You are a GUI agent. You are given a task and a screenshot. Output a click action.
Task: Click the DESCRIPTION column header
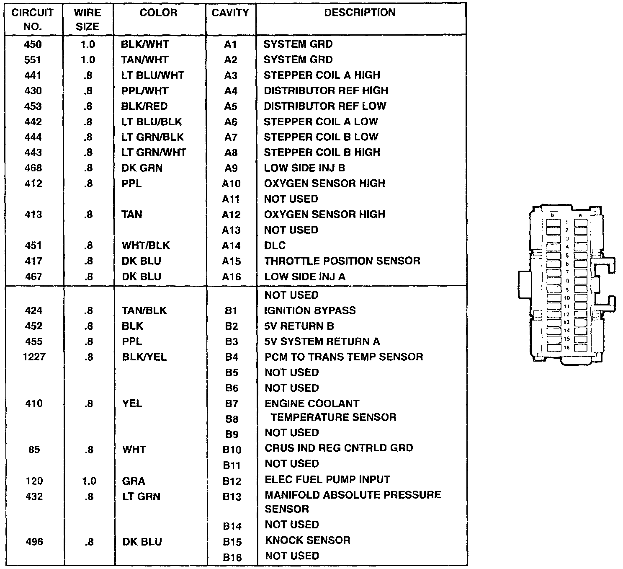360,13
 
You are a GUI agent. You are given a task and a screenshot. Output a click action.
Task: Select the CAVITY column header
230,13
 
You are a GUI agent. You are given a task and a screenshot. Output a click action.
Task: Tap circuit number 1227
34,357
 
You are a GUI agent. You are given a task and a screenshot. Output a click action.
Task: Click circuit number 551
33,60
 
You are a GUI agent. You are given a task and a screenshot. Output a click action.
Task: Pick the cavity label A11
231,199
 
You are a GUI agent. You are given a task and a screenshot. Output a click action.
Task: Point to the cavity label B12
232,481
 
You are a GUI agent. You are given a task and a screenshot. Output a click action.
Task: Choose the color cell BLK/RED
144,106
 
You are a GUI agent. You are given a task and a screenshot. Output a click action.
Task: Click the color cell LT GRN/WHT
154,153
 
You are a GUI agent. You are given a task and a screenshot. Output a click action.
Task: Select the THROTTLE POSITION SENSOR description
342,261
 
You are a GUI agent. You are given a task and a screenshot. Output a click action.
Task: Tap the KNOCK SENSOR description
308,540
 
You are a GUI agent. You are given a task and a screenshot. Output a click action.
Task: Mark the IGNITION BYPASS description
310,310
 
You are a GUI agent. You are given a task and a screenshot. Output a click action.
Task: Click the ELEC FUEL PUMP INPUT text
327,479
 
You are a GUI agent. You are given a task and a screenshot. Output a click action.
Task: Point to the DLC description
275,246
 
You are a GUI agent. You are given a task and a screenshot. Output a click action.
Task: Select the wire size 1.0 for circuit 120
89,481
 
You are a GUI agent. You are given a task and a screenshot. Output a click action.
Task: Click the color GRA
134,481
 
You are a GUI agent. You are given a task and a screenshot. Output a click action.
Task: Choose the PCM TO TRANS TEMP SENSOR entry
344,357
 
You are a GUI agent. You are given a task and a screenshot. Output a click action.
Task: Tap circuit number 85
34,450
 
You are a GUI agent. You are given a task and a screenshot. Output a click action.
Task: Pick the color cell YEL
132,403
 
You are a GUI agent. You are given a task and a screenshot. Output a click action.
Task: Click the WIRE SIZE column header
88,19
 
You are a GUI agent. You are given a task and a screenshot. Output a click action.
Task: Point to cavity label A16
231,277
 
